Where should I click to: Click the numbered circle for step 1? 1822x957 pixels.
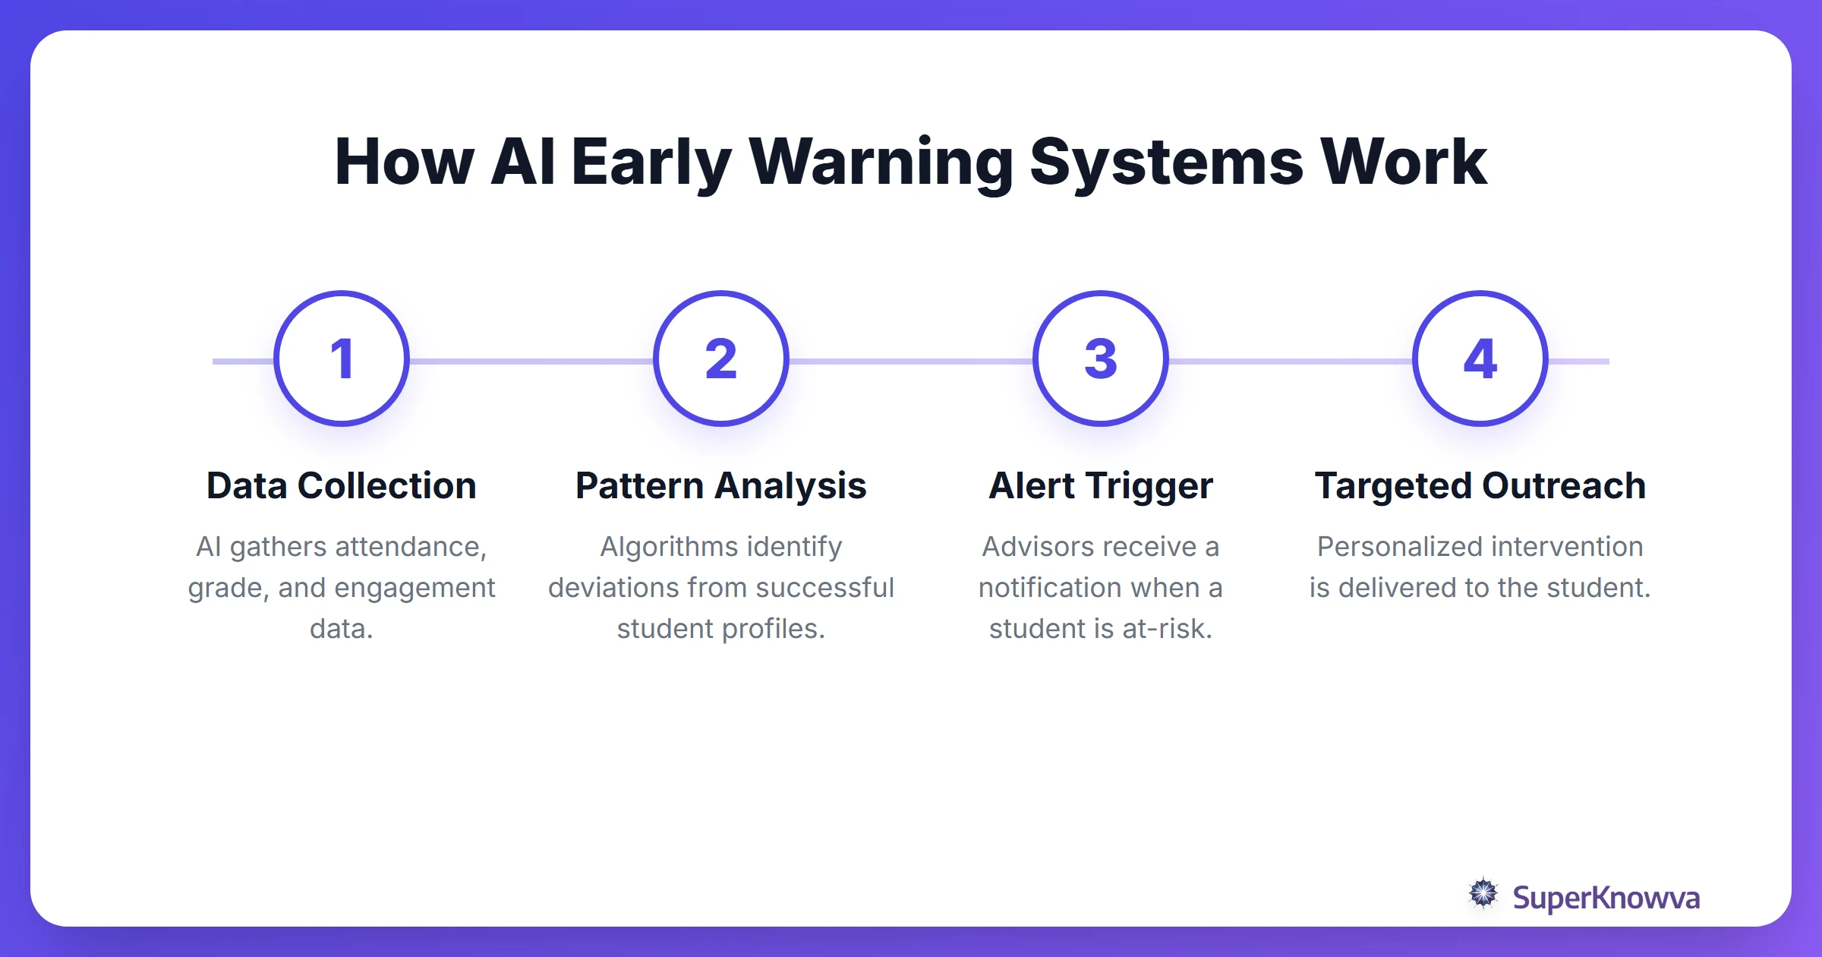point(342,358)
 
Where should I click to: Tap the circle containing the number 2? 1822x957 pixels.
point(721,358)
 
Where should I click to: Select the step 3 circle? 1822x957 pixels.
point(1101,358)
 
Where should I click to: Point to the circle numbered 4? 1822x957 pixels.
point(1480,358)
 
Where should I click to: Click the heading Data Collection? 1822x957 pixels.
point(342,486)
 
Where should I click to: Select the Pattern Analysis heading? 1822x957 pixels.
point(721,486)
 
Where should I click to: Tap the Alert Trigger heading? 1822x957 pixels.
point(1101,486)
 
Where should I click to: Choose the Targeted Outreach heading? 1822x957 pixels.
point(1480,486)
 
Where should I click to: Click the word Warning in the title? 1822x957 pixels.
point(881,163)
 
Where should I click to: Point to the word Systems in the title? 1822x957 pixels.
point(1166,163)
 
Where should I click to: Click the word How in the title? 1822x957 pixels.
point(404,163)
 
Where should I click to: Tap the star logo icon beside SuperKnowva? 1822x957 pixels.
point(1483,894)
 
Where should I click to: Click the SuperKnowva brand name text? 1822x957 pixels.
point(1606,898)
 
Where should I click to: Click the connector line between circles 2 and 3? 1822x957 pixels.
point(911,362)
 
